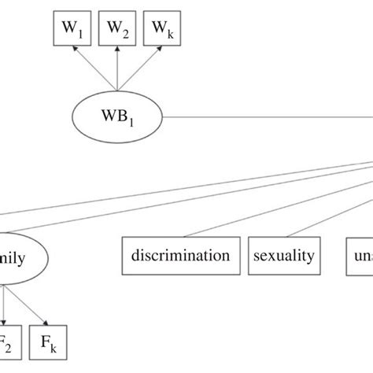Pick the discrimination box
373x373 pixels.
[x=182, y=255]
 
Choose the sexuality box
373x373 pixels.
[x=284, y=255]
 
